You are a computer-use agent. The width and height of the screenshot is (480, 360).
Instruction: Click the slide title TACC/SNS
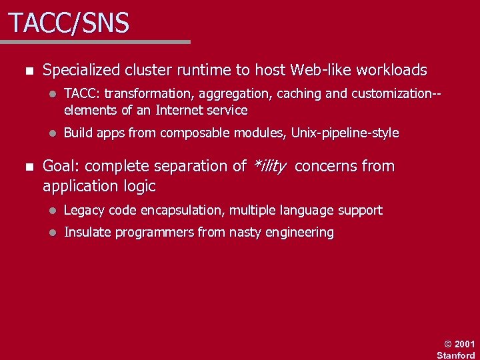pyautogui.click(x=69, y=24)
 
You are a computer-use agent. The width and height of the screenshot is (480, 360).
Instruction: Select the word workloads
pyautogui.click(x=392, y=70)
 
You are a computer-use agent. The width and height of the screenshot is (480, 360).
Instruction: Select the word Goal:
pyautogui.click(x=62, y=166)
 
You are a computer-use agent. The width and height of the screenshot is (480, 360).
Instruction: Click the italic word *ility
pyautogui.click(x=270, y=166)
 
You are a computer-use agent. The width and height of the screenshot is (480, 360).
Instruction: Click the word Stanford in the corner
pyautogui.click(x=456, y=355)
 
